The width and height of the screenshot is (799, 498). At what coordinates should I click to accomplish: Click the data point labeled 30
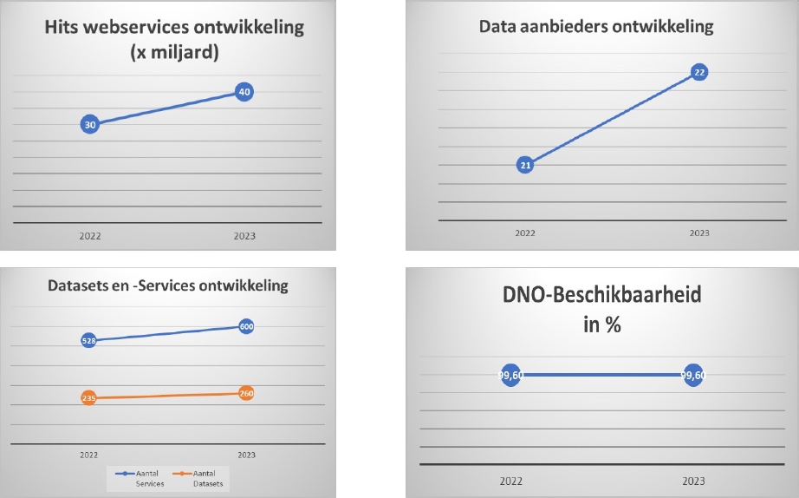pos(89,125)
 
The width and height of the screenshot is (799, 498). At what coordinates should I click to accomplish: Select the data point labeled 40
pos(244,92)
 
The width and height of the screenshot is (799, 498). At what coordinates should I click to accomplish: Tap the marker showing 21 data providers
pos(525,165)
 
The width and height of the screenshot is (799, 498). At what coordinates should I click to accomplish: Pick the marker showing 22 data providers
pos(699,72)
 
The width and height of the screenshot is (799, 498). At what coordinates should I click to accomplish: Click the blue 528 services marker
pos(88,341)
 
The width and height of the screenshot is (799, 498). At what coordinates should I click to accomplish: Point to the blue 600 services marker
pos(246,327)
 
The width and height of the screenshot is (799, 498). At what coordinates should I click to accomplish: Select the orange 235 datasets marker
pos(88,398)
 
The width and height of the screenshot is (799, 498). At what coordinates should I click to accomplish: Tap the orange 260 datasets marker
pos(246,393)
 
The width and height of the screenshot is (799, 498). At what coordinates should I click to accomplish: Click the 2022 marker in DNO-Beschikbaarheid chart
pos(511,376)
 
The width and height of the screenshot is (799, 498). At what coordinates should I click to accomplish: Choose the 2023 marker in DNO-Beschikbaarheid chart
pos(693,376)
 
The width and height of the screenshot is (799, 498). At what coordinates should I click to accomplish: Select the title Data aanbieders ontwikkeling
pos(596,27)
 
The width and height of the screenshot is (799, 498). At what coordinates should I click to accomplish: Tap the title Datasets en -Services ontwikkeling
pos(167,286)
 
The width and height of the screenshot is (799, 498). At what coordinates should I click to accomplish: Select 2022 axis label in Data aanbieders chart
pos(525,233)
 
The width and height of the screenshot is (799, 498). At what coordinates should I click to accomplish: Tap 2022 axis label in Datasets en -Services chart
pos(88,454)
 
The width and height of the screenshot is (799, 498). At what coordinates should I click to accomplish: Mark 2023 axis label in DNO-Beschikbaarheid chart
pos(693,480)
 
